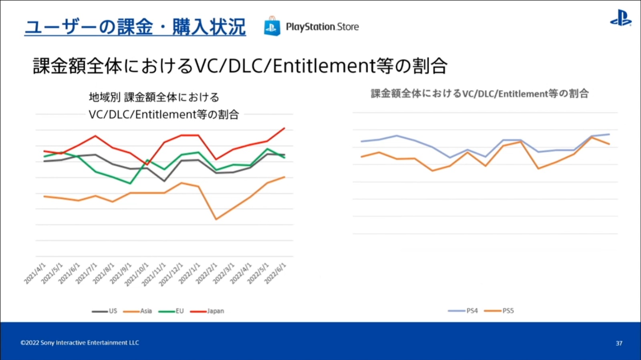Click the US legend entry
(105, 311)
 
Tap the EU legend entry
(171, 311)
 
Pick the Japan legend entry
(207, 311)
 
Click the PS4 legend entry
(463, 311)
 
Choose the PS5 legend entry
(499, 311)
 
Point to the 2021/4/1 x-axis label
(35, 274)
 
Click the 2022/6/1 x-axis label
(275, 274)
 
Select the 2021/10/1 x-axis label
(137, 275)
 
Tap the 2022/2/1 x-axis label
(206, 274)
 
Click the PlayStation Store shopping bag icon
(272, 26)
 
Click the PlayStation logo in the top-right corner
(621, 18)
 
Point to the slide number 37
(619, 343)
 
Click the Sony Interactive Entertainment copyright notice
(80, 343)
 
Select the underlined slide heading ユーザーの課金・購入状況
(135, 27)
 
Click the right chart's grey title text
(480, 94)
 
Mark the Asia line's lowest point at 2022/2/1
(216, 219)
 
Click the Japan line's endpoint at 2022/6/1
(284, 128)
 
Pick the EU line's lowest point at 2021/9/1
(130, 184)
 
